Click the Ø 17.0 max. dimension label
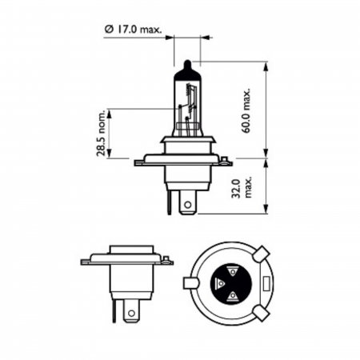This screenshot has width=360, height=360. [133, 30]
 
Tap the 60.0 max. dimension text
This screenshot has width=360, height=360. [246, 110]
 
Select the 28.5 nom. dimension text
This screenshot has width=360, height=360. [102, 134]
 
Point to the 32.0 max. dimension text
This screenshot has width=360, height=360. [242, 187]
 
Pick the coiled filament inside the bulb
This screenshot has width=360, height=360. [189, 90]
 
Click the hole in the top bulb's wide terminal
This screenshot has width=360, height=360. [188, 205]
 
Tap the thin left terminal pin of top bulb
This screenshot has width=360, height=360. [169, 202]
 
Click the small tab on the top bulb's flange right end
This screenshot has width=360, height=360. [225, 160]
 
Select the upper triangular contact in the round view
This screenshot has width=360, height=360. [232, 272]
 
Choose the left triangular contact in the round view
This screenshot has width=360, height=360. [220, 283]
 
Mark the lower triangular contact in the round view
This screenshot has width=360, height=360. [233, 295]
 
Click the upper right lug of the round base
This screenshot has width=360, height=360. [262, 254]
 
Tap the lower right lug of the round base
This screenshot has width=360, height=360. [262, 314]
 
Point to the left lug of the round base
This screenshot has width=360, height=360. [191, 283]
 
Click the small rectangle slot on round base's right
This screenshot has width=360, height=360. [266, 284]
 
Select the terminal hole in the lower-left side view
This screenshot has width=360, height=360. [131, 313]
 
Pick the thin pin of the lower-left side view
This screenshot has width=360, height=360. [114, 310]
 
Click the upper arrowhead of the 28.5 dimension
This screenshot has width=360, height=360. [109, 114]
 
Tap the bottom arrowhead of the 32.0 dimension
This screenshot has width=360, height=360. [266, 209]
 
